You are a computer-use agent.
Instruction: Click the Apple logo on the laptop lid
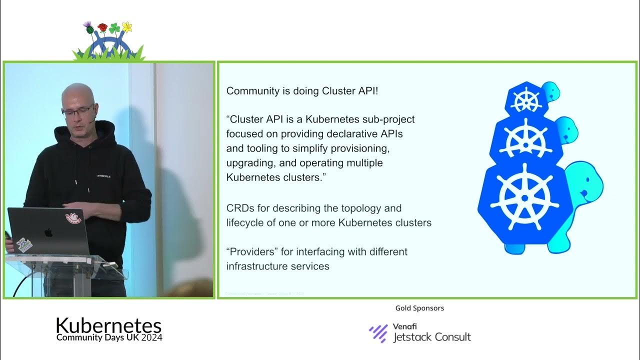pyautogui.click(x=48, y=232)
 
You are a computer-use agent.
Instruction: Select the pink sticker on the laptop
pyautogui.click(x=73, y=218)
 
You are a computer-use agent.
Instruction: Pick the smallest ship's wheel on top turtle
pyautogui.click(x=526, y=100)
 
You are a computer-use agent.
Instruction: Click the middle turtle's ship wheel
pyautogui.click(x=525, y=137)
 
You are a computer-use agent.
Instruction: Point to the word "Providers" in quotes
pyautogui.click(x=253, y=252)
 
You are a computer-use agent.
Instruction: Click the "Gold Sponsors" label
pyautogui.click(x=419, y=308)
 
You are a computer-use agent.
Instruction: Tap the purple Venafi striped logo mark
pyautogui.click(x=378, y=333)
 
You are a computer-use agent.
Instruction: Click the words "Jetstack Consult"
pyautogui.click(x=431, y=337)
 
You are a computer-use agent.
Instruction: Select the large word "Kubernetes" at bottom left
pyautogui.click(x=108, y=325)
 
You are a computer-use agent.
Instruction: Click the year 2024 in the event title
pyautogui.click(x=151, y=337)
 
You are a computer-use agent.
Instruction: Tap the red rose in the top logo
pyautogui.click(x=102, y=27)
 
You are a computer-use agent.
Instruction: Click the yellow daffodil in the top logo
pyautogui.click(x=127, y=26)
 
